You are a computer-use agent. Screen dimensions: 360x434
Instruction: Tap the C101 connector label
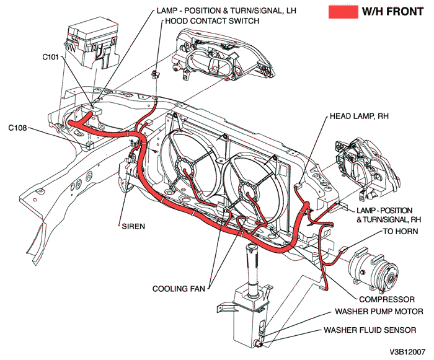[x=52, y=56]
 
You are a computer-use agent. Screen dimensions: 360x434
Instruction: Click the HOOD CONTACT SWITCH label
[x=211, y=20]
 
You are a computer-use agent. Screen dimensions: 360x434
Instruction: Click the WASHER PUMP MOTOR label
[x=379, y=312]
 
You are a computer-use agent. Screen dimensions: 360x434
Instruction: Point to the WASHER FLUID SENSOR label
[x=375, y=330]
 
